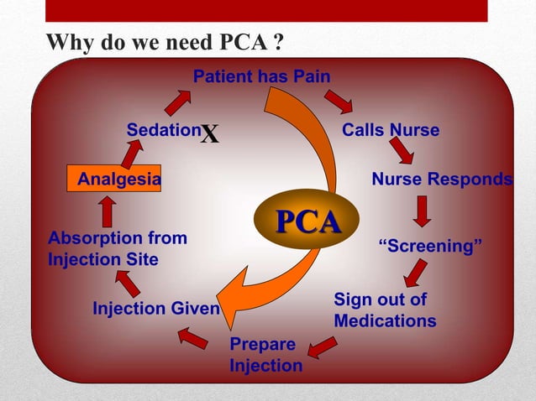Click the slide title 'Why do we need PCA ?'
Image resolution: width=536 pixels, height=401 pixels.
163,42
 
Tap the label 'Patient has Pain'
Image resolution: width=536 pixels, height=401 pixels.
261,77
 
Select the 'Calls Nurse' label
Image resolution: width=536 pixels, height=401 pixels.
390,131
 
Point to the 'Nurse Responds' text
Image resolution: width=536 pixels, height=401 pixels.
441,180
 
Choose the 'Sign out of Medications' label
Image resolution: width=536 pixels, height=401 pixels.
385,310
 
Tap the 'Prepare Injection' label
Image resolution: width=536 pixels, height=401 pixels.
265,356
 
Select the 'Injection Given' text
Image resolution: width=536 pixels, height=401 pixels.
155,309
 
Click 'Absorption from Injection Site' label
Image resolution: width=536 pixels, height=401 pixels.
118,248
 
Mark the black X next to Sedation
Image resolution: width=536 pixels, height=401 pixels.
210,134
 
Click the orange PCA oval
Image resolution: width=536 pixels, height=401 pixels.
309,223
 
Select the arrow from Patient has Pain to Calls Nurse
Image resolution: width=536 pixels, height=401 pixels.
339,102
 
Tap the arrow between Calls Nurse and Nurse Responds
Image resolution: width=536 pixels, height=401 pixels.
401,151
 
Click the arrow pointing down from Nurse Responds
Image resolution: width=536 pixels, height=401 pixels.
423,211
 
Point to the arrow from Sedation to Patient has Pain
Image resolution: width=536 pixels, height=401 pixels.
177,102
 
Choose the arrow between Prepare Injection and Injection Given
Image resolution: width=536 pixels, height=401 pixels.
193,338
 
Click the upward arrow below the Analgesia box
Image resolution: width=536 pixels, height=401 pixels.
107,211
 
